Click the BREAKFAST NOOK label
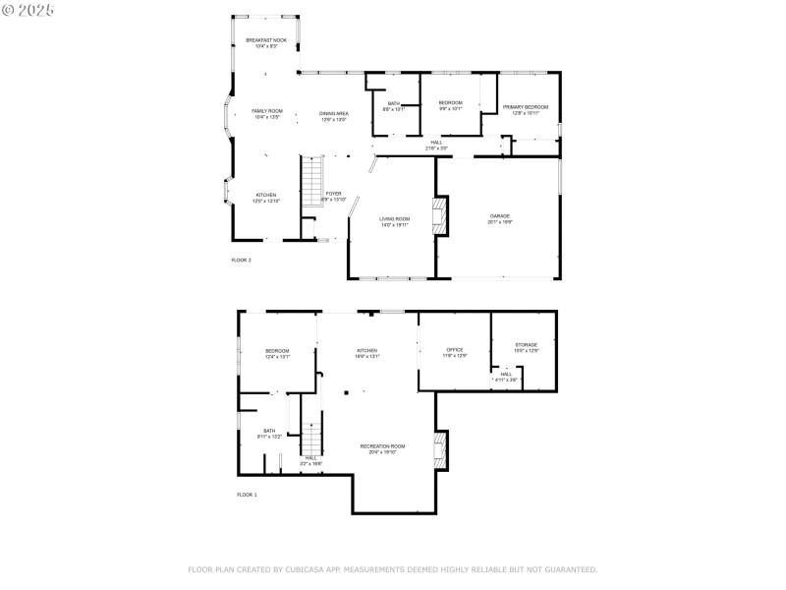pyautogui.click(x=266, y=40)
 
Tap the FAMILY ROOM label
pyautogui.click(x=267, y=111)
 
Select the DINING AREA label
pyautogui.click(x=333, y=114)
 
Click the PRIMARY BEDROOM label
pyautogui.click(x=526, y=107)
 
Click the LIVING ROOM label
pyautogui.click(x=394, y=219)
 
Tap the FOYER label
pyautogui.click(x=334, y=194)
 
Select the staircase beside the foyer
pyautogui.click(x=311, y=182)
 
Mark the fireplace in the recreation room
pyautogui.click(x=441, y=451)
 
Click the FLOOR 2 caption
pyautogui.click(x=241, y=260)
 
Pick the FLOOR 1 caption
pyautogui.click(x=246, y=495)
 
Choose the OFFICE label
pyautogui.click(x=455, y=350)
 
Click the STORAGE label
pyautogui.click(x=527, y=345)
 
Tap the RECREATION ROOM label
pyautogui.click(x=382, y=446)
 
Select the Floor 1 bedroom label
pyautogui.click(x=277, y=351)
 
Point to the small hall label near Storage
pyautogui.click(x=506, y=374)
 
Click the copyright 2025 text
pyautogui.click(x=29, y=9)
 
